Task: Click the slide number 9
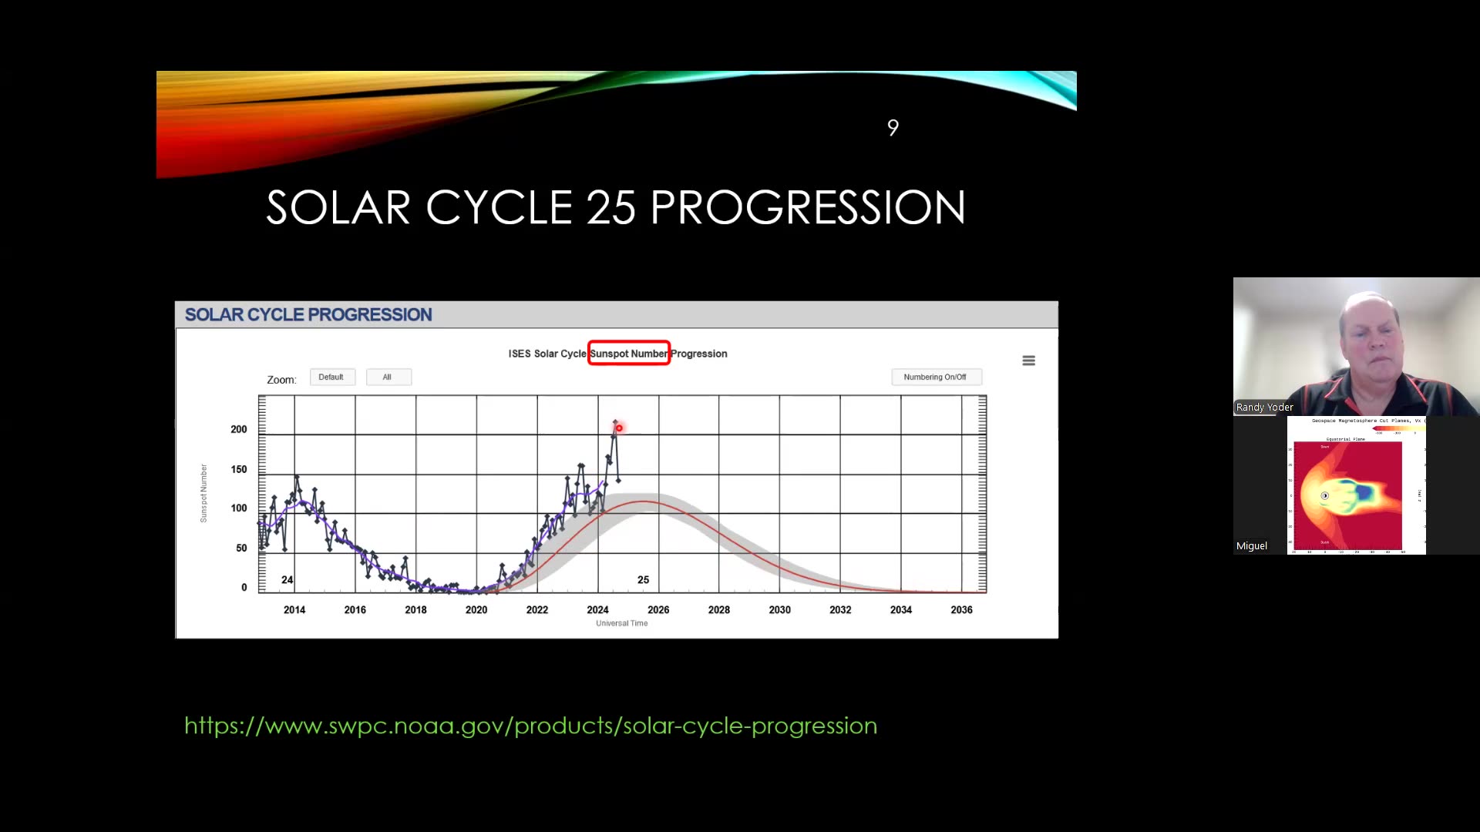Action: click(x=893, y=128)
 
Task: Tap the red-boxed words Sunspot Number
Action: click(x=628, y=354)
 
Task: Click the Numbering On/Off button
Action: click(x=935, y=377)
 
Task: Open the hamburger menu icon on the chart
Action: click(x=1028, y=361)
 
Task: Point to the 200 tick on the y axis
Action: click(x=239, y=429)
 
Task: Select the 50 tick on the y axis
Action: click(x=241, y=548)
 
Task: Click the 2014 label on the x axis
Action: click(x=294, y=609)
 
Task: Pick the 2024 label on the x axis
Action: click(x=597, y=609)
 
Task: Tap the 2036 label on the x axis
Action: click(x=961, y=609)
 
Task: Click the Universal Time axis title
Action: click(x=621, y=623)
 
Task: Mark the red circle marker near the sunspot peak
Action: click(x=619, y=428)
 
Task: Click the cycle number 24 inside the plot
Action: click(x=287, y=579)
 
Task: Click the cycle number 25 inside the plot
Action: click(x=643, y=579)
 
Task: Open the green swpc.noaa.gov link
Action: click(x=530, y=726)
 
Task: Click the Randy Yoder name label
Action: click(x=1264, y=407)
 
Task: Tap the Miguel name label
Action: click(x=1251, y=545)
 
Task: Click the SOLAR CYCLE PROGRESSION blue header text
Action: click(x=308, y=314)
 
